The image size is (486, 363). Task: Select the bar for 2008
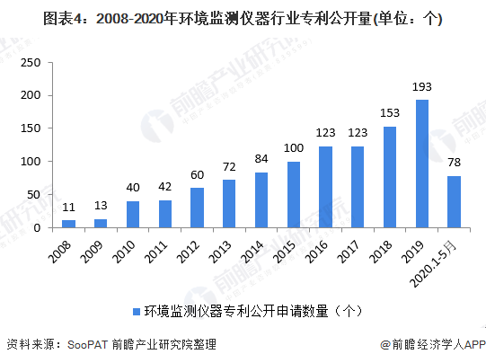[68, 224]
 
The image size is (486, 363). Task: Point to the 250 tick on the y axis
[31, 62]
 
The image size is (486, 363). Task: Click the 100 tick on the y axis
[31, 162]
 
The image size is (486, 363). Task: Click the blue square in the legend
[137, 311]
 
